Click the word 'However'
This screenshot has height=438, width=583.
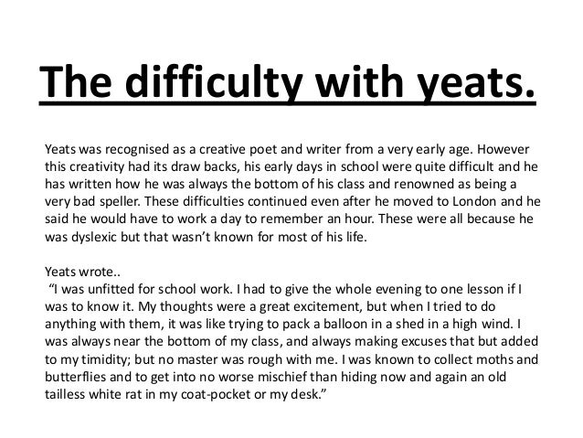pyautogui.click(x=504, y=148)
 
